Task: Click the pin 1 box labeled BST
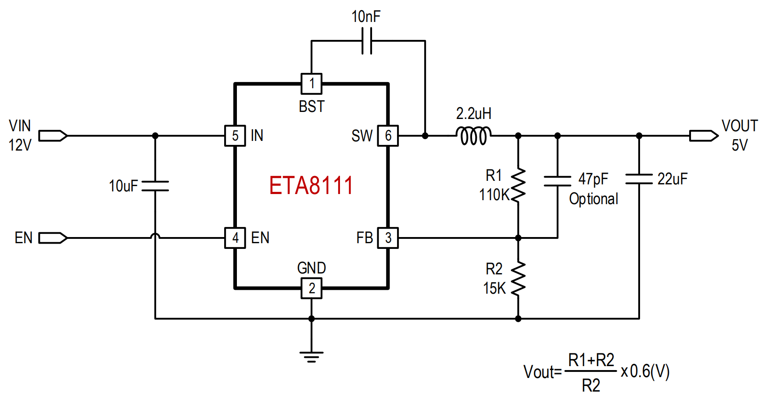(x=311, y=83)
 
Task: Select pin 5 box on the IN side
(x=235, y=136)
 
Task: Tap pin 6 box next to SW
(x=388, y=136)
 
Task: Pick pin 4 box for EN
(x=235, y=238)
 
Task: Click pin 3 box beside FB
(x=388, y=238)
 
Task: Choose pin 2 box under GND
(x=311, y=288)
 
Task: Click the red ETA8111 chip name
(x=311, y=185)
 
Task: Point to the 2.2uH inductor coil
(x=474, y=136)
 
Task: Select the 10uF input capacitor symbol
(x=155, y=186)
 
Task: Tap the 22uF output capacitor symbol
(x=639, y=179)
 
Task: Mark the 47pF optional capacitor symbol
(x=558, y=181)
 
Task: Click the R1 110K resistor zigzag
(x=518, y=185)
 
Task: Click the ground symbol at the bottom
(x=311, y=357)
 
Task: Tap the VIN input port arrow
(x=53, y=136)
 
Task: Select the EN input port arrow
(x=53, y=238)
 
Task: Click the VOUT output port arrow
(x=704, y=136)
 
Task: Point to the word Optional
(x=594, y=199)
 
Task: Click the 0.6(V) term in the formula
(x=650, y=371)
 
